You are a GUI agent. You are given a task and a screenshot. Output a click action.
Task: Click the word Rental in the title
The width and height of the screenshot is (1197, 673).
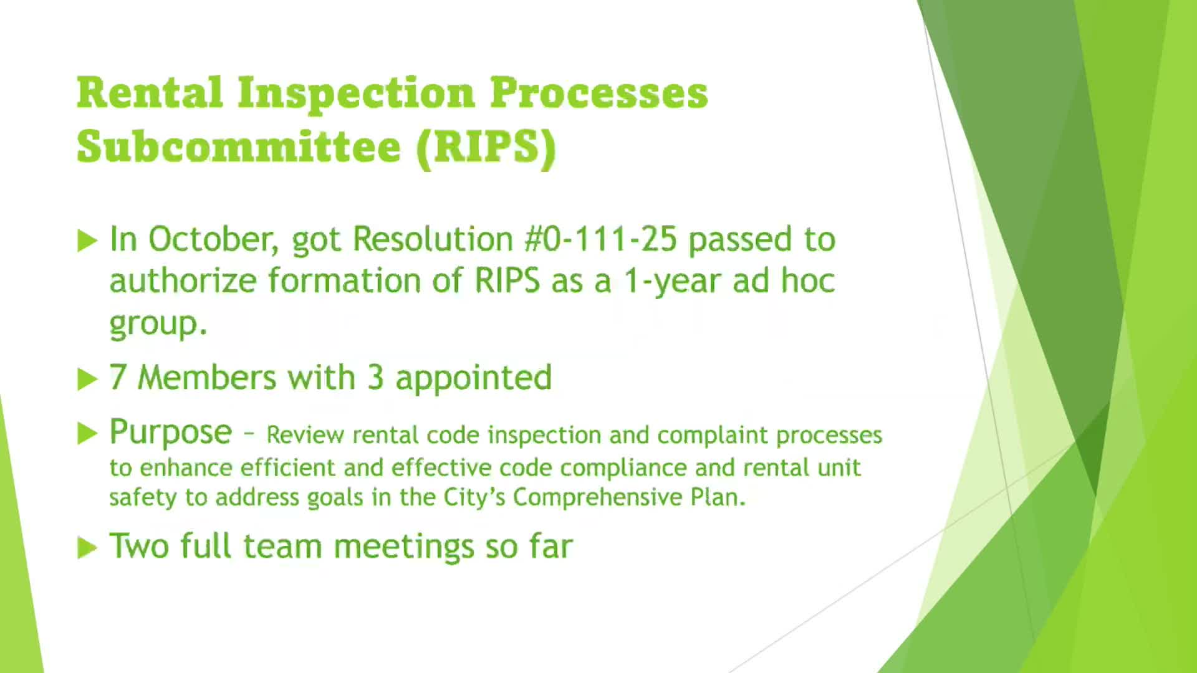click(x=150, y=92)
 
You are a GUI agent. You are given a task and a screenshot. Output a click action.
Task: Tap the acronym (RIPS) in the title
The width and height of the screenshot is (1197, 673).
click(x=486, y=146)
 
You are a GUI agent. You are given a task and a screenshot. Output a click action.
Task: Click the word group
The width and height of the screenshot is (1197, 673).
click(x=158, y=324)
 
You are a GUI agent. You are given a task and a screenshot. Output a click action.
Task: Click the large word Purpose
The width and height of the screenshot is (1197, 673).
click(x=170, y=432)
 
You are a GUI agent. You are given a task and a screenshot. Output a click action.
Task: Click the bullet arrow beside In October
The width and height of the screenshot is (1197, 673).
click(x=87, y=241)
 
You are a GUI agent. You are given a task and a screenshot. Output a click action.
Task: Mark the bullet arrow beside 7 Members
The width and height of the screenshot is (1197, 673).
click(x=87, y=379)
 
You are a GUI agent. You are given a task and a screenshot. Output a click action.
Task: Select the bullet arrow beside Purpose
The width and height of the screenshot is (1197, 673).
click(x=87, y=434)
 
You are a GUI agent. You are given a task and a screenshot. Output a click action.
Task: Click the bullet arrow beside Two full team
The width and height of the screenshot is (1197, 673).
click(x=87, y=548)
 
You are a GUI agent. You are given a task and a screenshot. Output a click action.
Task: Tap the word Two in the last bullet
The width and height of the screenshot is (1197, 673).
click(x=139, y=547)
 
